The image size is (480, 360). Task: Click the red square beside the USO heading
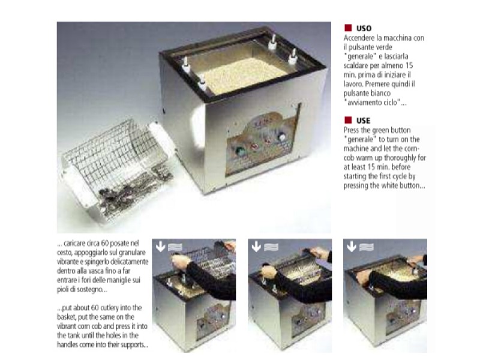point(348,28)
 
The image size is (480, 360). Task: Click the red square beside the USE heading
point(348,119)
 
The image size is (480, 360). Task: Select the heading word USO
point(364,28)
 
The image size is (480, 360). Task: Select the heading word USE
point(364,121)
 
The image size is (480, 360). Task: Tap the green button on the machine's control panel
point(239,151)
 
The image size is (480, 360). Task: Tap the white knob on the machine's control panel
point(281,137)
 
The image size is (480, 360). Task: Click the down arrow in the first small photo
point(160,246)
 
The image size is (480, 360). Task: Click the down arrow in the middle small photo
point(256,246)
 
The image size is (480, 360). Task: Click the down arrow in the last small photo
point(352,246)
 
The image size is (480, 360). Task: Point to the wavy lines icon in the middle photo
point(271,247)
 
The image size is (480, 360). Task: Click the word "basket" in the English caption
point(66,317)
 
